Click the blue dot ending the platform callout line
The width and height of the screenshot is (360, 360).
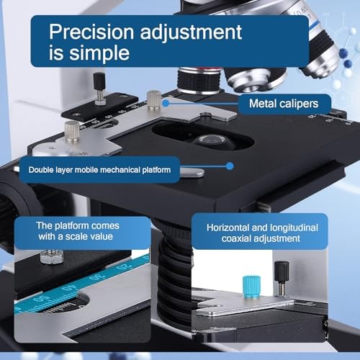(x=229, y=166)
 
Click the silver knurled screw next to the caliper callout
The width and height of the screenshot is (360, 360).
(x=153, y=99)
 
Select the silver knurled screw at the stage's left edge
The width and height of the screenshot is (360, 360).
(x=71, y=132)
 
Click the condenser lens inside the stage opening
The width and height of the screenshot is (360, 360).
(x=208, y=140)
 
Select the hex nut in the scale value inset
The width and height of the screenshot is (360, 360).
(x=52, y=256)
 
